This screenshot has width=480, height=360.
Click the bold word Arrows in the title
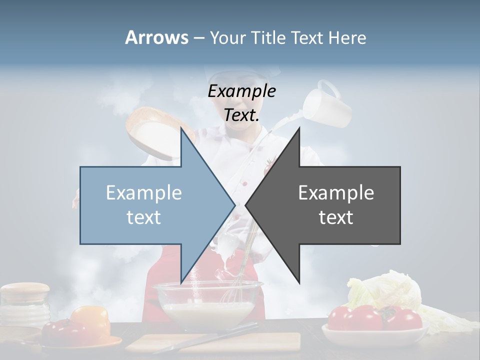[x=156, y=37]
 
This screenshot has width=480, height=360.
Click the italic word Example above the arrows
[x=241, y=91]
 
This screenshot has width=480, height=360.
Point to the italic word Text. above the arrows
[x=241, y=115]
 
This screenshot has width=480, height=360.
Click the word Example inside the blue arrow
[x=144, y=192]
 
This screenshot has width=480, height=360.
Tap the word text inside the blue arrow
[x=144, y=217]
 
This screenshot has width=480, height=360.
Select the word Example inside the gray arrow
[x=336, y=192]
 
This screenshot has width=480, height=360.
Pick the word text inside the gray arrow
[x=336, y=217]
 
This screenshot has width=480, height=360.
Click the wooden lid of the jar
[x=25, y=291]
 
